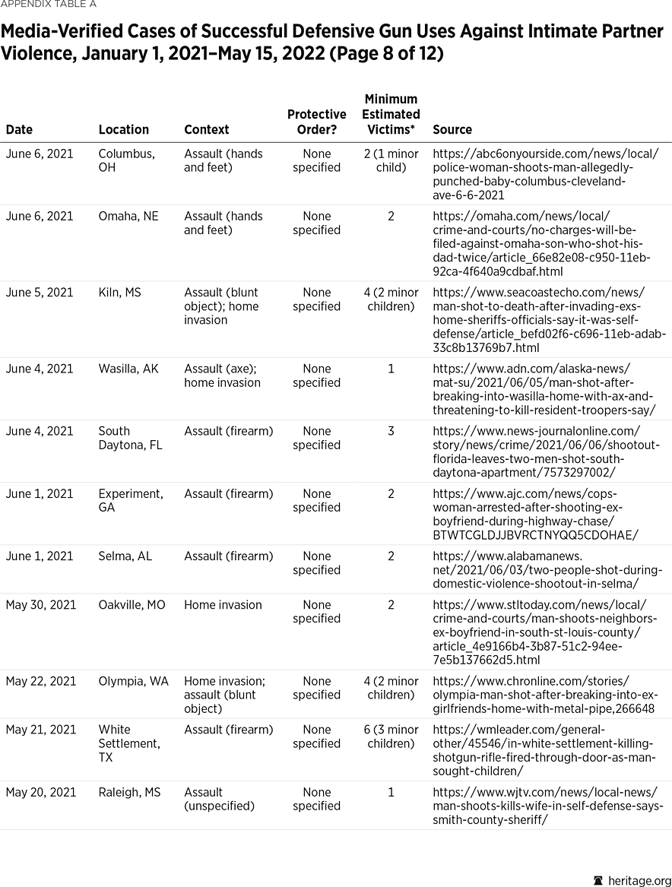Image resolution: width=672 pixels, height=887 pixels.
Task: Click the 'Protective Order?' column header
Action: point(317,122)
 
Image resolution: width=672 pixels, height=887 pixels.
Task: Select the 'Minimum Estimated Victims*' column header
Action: point(391,114)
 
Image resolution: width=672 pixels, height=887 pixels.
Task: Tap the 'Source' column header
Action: point(452,130)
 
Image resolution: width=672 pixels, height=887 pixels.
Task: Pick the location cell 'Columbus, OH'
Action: point(126,160)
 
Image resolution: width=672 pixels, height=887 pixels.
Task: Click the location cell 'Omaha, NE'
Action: point(128,217)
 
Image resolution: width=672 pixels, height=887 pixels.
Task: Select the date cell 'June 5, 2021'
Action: point(40,293)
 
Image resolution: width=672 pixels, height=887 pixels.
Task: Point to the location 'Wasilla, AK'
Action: point(128,369)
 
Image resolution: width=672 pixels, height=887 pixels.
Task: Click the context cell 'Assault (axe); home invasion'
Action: point(222,375)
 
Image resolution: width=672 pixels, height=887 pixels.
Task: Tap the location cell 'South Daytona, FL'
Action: point(130,438)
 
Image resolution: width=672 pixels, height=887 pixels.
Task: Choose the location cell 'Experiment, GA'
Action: point(130,500)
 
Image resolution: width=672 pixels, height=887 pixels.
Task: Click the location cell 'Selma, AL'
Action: point(125,556)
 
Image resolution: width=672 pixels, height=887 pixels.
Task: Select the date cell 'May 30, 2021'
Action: point(41,605)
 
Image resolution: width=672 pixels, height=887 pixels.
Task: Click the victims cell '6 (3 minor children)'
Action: point(391,737)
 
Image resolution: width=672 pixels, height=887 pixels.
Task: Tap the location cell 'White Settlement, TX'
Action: point(129,743)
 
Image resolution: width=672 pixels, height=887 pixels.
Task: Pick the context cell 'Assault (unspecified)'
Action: point(219,799)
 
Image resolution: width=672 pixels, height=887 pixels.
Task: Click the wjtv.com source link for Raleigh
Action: point(547,806)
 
